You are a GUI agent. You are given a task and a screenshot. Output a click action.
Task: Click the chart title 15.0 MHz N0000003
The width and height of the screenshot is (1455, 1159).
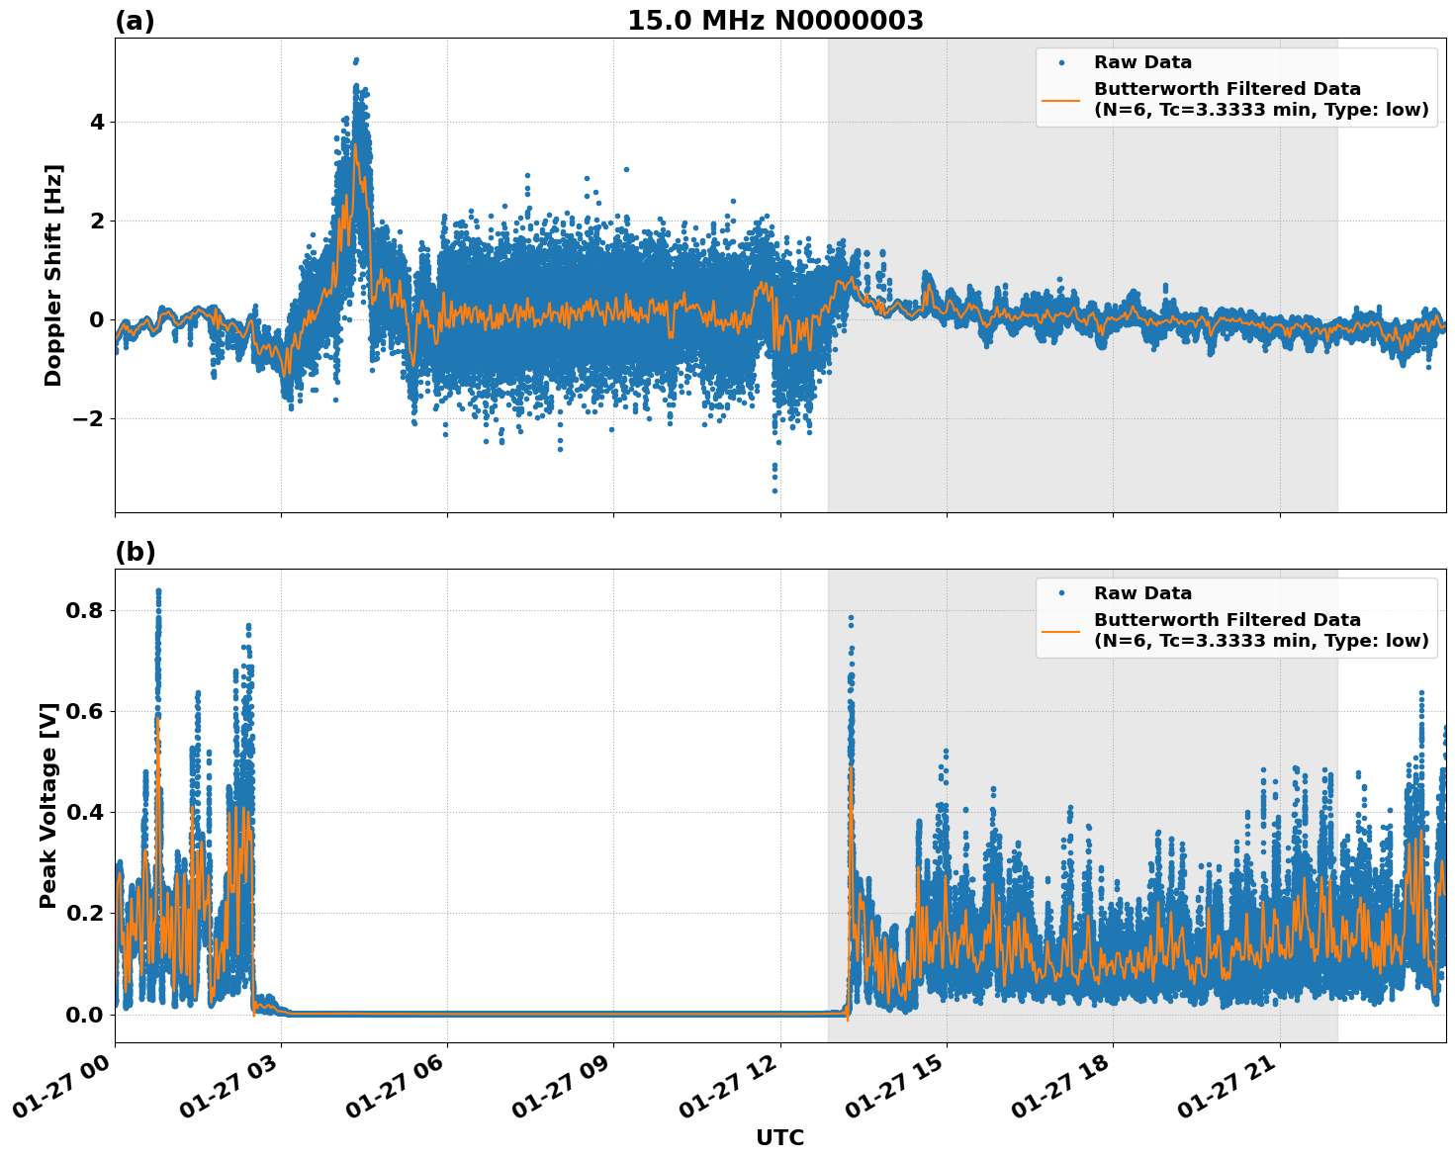pos(774,21)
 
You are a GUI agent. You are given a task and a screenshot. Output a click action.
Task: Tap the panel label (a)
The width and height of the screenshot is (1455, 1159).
pos(135,21)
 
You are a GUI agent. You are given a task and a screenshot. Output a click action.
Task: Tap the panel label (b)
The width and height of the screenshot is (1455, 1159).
pos(135,552)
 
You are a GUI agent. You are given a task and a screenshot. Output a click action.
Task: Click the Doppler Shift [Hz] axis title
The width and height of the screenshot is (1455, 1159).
pos(53,275)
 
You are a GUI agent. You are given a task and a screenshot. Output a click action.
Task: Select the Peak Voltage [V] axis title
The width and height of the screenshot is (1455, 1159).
pos(48,805)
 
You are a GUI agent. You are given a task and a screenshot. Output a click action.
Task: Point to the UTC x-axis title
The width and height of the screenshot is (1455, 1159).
pos(779,1138)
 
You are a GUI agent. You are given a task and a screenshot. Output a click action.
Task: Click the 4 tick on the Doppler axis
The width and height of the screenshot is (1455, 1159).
pos(96,123)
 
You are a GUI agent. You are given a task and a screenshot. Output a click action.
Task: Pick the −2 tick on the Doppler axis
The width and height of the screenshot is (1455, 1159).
pos(89,418)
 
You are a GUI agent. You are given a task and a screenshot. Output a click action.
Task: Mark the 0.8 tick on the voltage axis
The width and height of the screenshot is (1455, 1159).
pos(83,611)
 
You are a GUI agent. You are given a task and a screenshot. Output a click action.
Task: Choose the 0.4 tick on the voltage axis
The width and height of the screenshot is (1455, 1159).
pos(83,813)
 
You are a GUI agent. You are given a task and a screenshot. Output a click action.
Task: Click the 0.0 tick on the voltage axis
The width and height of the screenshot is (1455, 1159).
pos(83,1015)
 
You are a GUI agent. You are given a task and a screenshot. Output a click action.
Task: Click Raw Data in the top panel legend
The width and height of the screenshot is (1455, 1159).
pos(1142,62)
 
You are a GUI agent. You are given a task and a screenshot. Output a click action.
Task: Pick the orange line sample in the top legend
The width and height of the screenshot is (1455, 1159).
pos(1061,99)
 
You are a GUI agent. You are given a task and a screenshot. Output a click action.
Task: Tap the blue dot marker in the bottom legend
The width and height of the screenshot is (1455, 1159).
pos(1061,593)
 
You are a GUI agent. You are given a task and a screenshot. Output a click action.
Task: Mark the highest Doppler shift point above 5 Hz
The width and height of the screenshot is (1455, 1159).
pos(356,60)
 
